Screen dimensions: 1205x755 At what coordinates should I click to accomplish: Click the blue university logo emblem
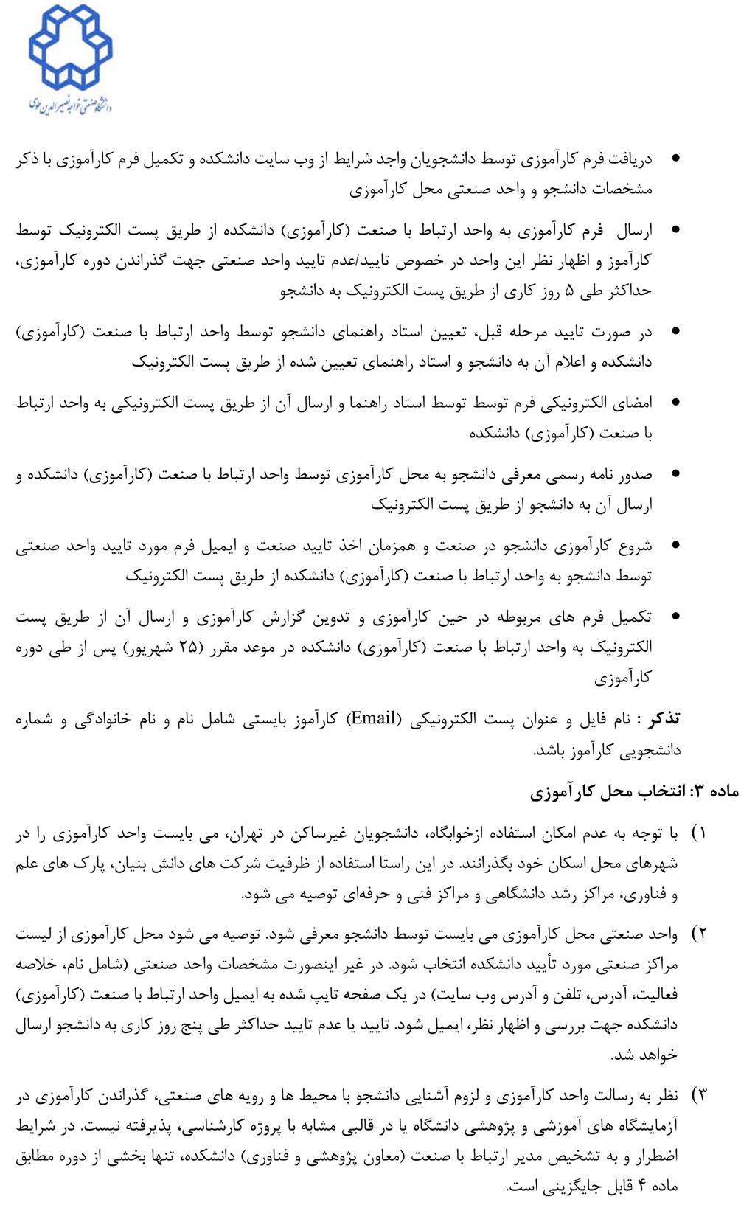pos(70,46)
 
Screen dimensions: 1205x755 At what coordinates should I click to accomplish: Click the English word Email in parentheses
pos(375,718)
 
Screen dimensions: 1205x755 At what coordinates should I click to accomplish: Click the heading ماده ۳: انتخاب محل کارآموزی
pos(635,792)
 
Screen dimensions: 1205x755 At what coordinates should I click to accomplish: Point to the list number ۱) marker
pos(698,833)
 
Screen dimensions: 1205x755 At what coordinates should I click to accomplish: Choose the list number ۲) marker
pos(698,934)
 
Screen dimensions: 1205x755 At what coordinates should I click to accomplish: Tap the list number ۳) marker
pos(698,1096)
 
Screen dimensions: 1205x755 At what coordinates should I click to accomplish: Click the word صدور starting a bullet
pos(635,474)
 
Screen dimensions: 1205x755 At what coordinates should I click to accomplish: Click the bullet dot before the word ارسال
pos(676,229)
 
